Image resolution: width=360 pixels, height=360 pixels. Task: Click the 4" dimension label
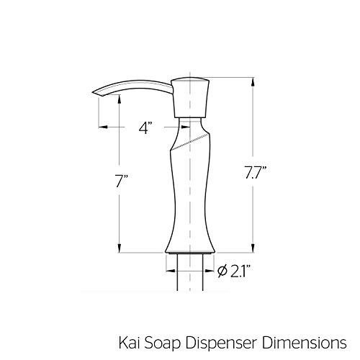(x=146, y=128)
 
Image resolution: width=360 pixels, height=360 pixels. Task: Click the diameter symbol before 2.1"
(x=222, y=271)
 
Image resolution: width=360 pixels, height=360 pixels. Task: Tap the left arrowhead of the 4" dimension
(x=101, y=128)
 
